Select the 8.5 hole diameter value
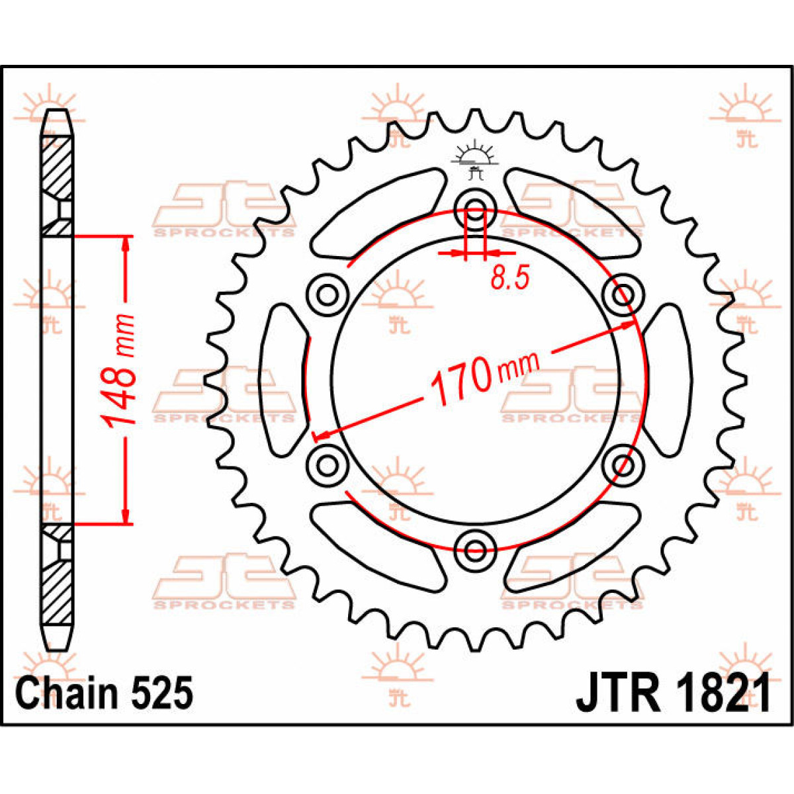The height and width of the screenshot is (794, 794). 509,278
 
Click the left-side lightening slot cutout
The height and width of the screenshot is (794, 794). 283,380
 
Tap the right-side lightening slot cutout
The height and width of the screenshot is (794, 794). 667,380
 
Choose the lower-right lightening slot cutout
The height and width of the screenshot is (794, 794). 573,547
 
